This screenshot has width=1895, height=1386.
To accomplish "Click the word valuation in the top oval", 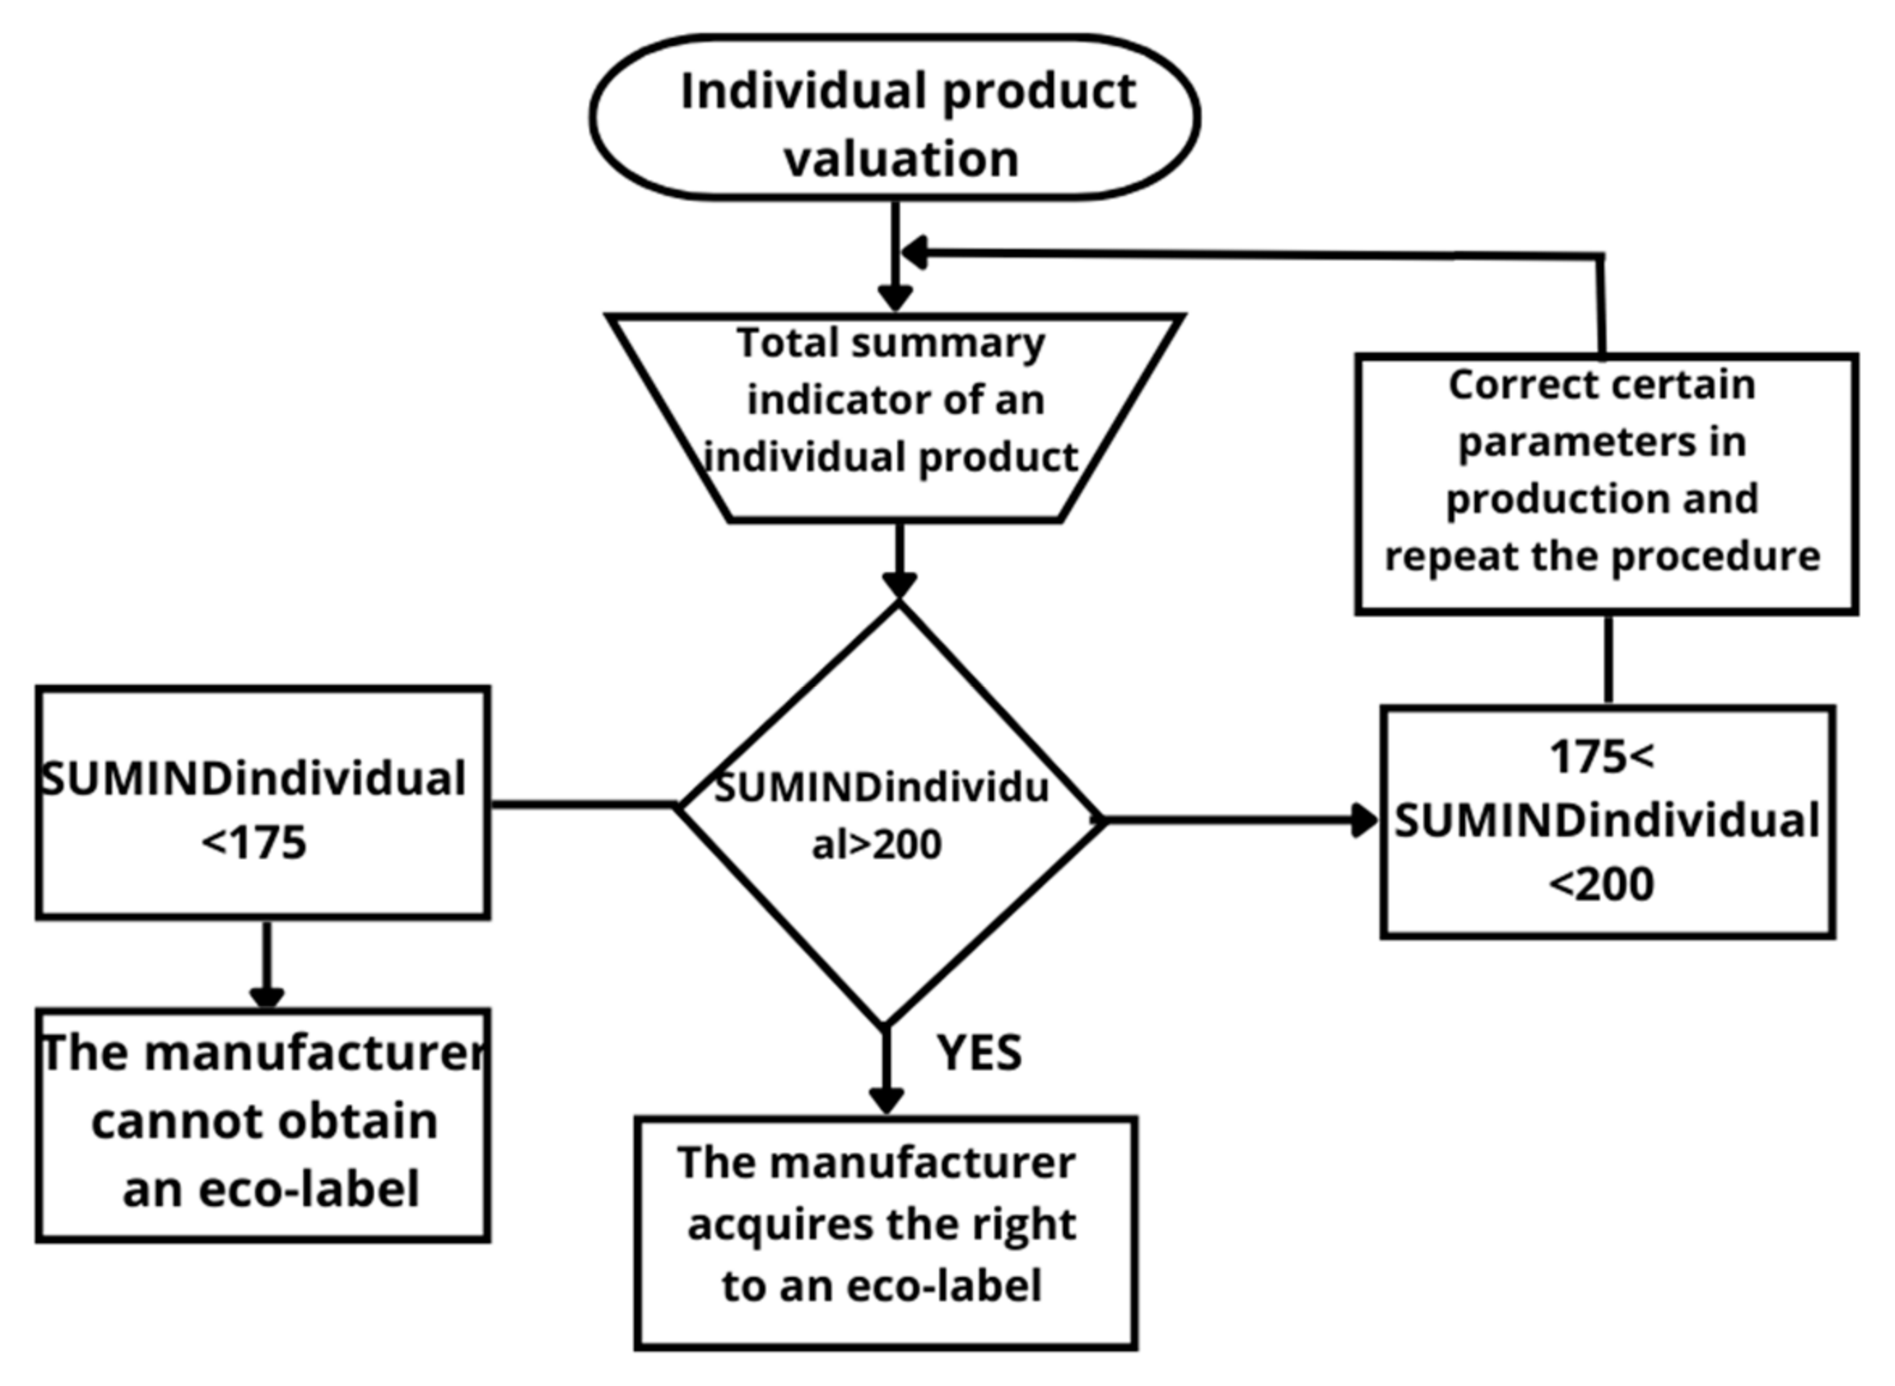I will (x=901, y=160).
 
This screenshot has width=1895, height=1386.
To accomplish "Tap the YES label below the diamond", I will (x=979, y=1053).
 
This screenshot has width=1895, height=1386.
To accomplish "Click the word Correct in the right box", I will (x=1502, y=385).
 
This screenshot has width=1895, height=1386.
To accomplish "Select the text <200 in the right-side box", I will (x=1601, y=884).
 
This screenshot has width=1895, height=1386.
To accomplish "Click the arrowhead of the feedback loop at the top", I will (x=914, y=253).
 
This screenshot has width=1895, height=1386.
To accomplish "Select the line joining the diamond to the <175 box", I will (x=583, y=805).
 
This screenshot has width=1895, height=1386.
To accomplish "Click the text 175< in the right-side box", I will (x=1601, y=757).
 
